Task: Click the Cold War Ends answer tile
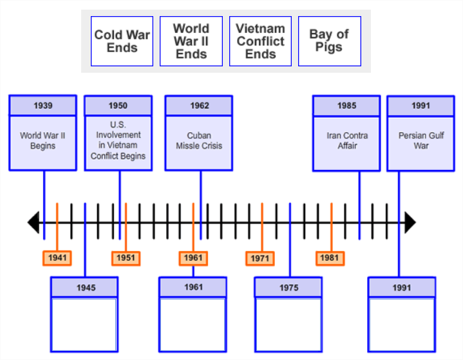122,41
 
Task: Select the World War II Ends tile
191,41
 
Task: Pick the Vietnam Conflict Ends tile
260,41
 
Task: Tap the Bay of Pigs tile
329,41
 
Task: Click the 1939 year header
43,106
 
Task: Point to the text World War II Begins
43,141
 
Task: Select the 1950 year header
118,106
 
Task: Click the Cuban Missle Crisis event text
199,141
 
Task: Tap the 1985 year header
346,106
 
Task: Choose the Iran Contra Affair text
346,141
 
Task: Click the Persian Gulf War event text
420,141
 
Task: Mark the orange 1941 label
57,258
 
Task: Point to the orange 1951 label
126,258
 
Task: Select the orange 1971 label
260,258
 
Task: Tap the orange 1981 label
329,258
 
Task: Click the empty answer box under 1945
84,324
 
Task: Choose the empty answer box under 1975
288,324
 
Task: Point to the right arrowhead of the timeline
410,223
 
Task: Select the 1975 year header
288,288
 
